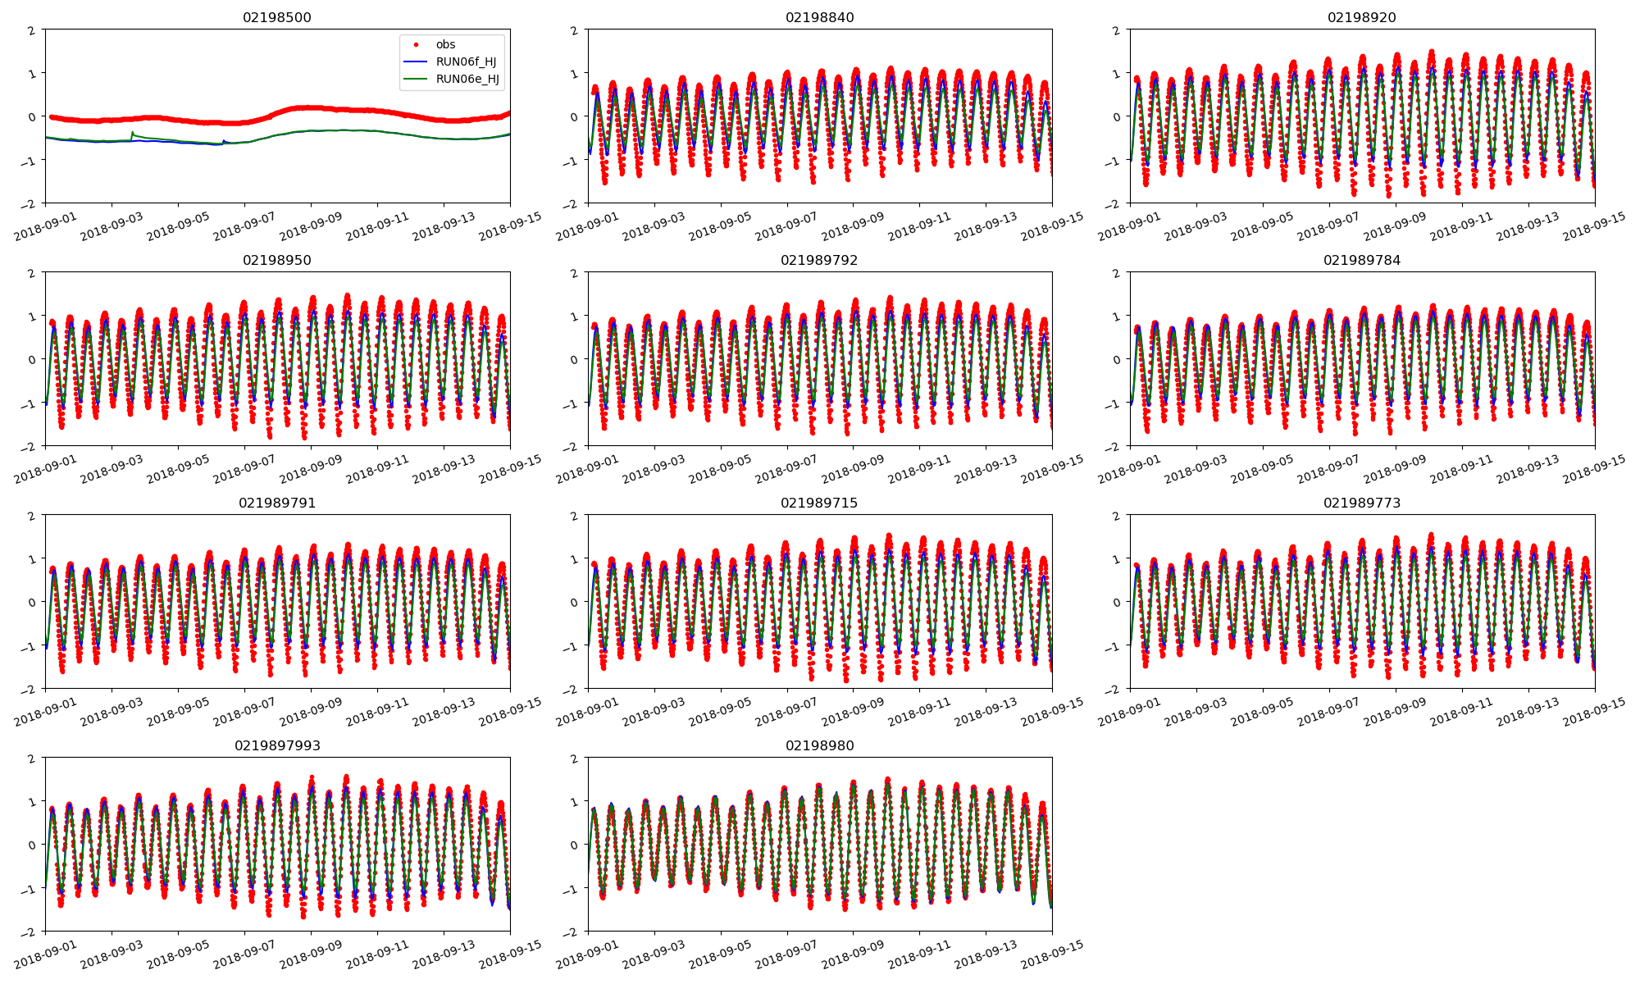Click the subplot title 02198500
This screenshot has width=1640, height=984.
277,17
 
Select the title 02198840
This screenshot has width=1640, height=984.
819,17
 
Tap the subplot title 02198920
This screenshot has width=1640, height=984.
1361,17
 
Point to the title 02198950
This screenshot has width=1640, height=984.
277,260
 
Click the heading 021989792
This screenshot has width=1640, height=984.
819,260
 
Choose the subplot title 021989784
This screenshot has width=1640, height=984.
1361,260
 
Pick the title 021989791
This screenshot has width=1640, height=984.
277,503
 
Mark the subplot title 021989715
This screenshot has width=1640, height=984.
819,503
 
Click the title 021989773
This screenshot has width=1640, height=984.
1361,503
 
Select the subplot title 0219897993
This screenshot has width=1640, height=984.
277,745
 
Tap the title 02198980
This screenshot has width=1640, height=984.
819,745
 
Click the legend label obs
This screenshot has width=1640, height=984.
445,44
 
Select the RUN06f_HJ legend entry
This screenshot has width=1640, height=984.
466,61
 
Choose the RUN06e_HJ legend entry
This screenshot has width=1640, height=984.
466,80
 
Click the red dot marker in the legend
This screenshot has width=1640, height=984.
417,44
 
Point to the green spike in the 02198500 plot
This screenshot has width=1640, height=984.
133,132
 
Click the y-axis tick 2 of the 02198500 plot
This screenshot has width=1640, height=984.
32,30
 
